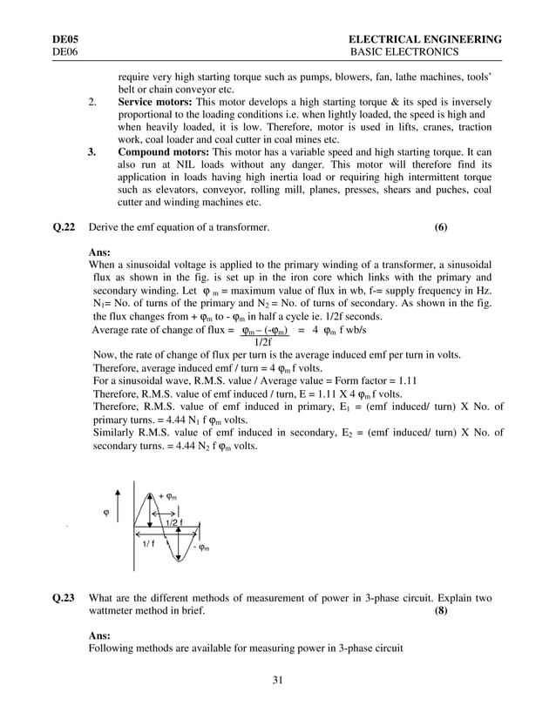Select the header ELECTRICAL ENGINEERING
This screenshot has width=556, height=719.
point(424,39)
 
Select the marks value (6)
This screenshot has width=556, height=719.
point(440,227)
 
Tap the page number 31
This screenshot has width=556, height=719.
point(278,680)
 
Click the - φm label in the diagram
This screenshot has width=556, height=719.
point(200,548)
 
